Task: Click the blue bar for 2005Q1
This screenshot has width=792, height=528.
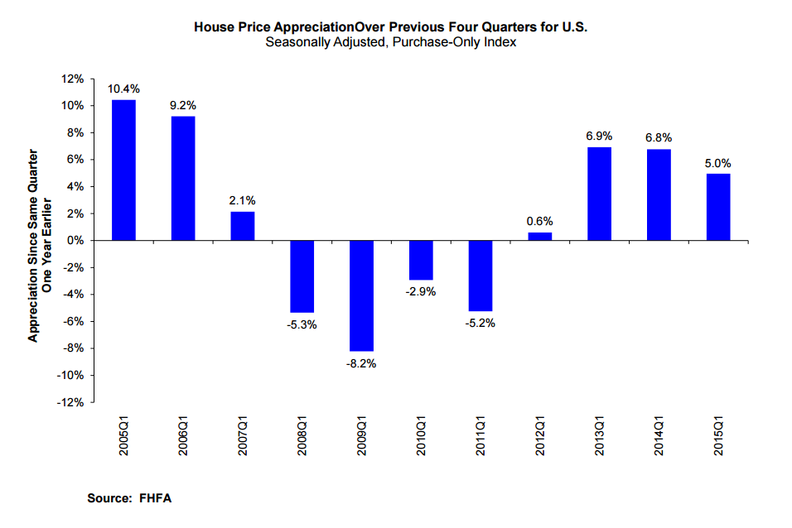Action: [123, 170]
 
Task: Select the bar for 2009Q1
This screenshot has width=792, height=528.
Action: [361, 295]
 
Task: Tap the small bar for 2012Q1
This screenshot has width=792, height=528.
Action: [539, 237]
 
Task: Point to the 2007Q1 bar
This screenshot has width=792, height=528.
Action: [243, 226]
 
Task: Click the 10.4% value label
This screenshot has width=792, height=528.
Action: [123, 89]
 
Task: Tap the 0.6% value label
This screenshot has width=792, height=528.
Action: [539, 221]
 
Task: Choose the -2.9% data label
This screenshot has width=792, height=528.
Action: [421, 291]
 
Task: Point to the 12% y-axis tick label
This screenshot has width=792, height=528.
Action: [72, 79]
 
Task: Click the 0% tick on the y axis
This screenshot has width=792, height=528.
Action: [75, 240]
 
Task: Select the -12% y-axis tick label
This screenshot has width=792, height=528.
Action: [70, 402]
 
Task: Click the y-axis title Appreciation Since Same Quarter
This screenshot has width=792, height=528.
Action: [34, 246]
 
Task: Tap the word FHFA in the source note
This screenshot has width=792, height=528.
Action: [156, 498]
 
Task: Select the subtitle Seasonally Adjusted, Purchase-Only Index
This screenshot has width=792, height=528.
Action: [391, 42]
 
